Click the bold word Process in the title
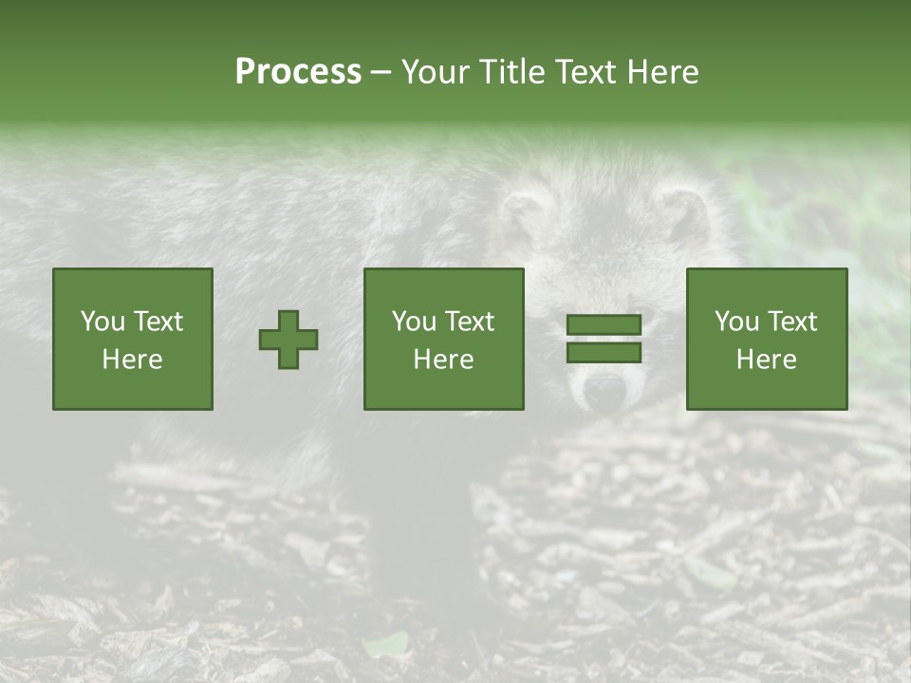(298, 72)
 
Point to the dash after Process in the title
(381, 73)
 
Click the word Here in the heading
(662, 72)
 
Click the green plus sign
(288, 340)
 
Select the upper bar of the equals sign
(604, 325)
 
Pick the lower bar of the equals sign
(604, 353)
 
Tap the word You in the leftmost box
(102, 322)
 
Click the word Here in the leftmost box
(132, 360)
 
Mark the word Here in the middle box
(443, 360)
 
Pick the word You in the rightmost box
(737, 322)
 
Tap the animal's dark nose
(602, 389)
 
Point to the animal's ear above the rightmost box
(683, 214)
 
